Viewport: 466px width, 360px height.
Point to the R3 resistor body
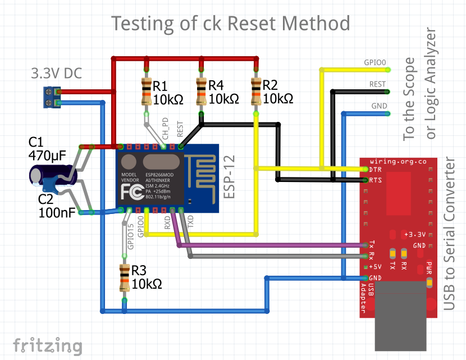[124, 277]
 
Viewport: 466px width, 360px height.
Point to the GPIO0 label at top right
[375, 63]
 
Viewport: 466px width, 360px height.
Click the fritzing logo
[47, 345]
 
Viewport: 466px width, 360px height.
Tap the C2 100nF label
[54, 206]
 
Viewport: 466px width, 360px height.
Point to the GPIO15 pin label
[130, 236]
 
